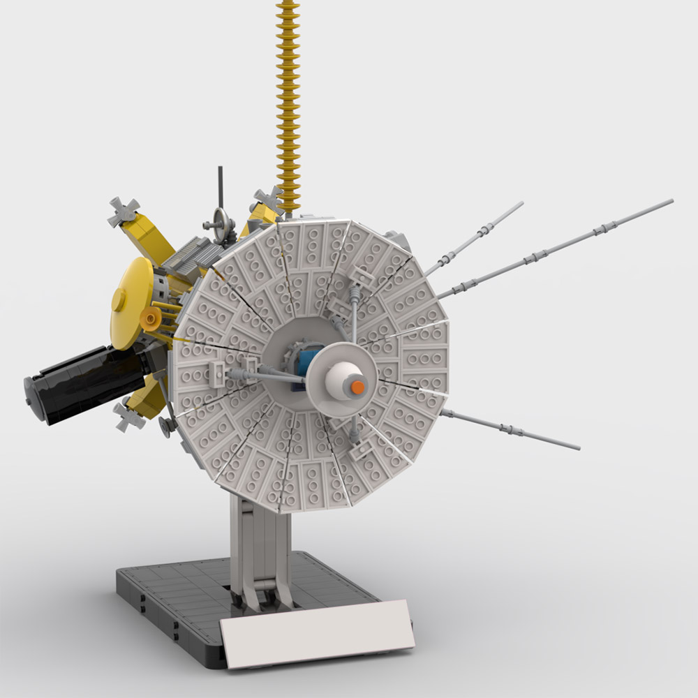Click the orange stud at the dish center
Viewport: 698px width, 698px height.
point(357,386)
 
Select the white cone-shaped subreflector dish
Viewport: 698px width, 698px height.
point(341,380)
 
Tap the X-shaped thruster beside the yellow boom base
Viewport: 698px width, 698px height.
point(268,199)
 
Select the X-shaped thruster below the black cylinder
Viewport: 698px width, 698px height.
point(131,417)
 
